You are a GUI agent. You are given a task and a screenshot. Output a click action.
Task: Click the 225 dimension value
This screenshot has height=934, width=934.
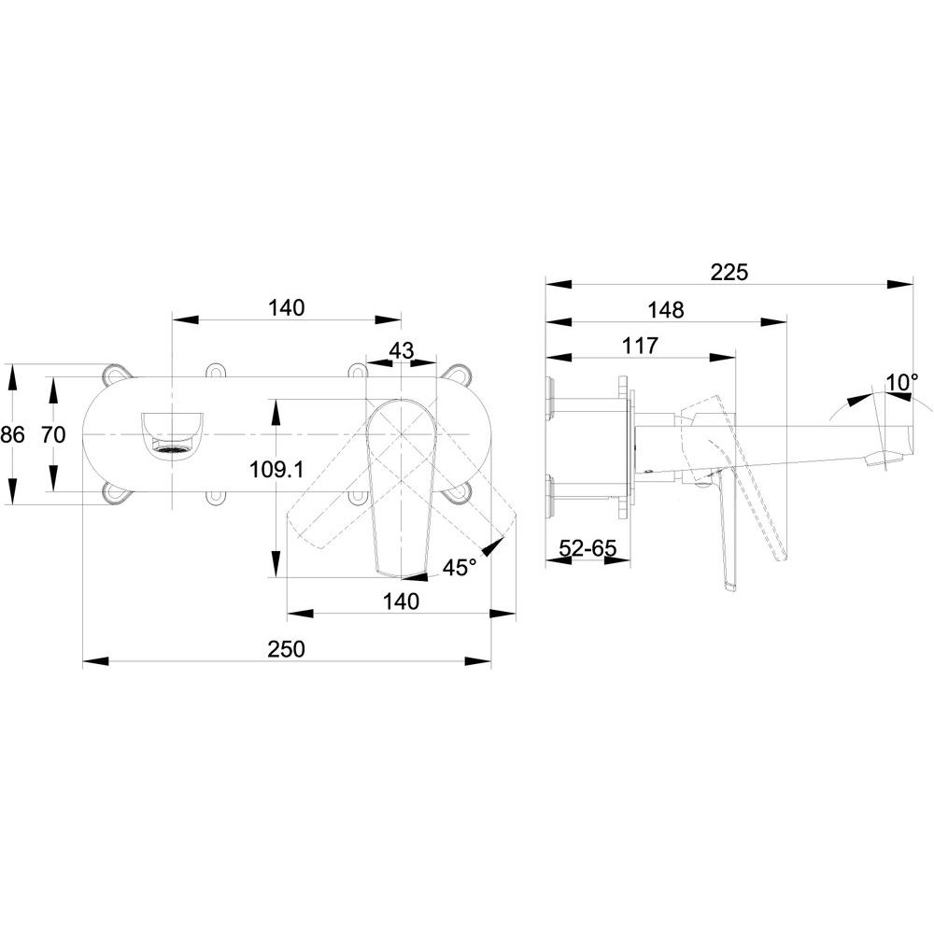729,272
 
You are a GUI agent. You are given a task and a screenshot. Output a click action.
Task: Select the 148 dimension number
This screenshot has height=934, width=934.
665,310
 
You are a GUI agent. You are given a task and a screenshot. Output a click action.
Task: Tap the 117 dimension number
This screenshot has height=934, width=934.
640,346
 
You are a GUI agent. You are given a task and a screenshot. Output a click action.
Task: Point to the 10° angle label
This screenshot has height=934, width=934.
902,382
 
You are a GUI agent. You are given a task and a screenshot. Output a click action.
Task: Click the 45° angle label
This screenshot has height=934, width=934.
460,568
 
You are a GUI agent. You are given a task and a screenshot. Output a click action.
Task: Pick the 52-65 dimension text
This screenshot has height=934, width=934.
587,547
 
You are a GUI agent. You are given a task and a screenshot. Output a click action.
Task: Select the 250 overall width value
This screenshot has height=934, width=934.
286,649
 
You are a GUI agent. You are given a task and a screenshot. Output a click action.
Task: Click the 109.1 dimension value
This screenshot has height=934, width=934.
276,470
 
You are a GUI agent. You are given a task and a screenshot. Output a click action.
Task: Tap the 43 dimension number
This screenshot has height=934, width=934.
401,350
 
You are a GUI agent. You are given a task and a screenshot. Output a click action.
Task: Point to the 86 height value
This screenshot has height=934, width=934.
12,434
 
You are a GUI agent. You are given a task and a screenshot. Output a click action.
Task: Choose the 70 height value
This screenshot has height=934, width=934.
53,434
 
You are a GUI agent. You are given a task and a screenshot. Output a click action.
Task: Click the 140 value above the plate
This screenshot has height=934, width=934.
286,308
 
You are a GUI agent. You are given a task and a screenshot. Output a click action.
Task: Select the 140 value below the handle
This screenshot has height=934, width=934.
401,601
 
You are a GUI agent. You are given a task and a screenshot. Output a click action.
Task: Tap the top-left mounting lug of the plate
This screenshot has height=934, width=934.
116,374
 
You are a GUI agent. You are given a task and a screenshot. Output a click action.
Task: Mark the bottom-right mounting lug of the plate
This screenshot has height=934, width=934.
460,493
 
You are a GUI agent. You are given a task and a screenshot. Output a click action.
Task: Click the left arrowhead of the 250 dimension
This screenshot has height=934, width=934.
96,660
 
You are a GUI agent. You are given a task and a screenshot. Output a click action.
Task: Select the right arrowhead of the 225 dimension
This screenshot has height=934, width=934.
900,284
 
